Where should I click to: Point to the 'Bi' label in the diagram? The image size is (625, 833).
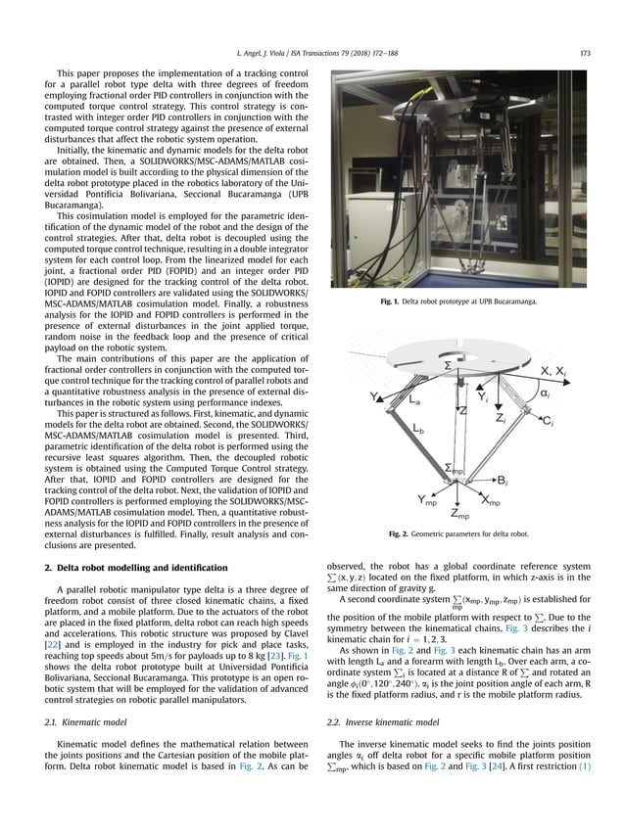527,483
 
